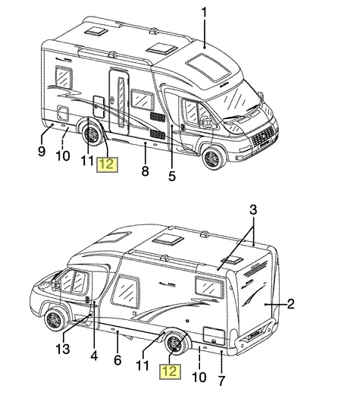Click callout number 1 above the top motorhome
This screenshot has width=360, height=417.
point(204,12)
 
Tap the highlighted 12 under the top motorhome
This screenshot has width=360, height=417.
point(108,165)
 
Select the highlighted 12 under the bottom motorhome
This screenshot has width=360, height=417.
point(171,372)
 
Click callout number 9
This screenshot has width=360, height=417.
point(42,152)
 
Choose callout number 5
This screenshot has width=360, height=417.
point(172,176)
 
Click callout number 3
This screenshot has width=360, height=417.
point(253,209)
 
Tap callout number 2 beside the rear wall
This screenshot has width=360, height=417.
point(290,304)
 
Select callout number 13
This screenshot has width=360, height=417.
point(63,349)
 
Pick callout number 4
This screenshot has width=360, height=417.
point(94,356)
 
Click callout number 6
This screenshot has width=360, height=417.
point(117,360)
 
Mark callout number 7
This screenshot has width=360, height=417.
point(221,381)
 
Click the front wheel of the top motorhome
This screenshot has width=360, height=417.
point(214,158)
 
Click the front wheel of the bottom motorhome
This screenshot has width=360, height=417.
point(55,318)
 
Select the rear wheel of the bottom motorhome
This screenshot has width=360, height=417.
point(176,343)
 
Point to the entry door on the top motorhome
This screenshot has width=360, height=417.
point(119,102)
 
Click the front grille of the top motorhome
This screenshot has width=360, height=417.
point(263,136)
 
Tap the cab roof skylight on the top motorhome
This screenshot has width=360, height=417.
point(208,67)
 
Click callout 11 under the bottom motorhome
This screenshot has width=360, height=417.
point(142,365)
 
